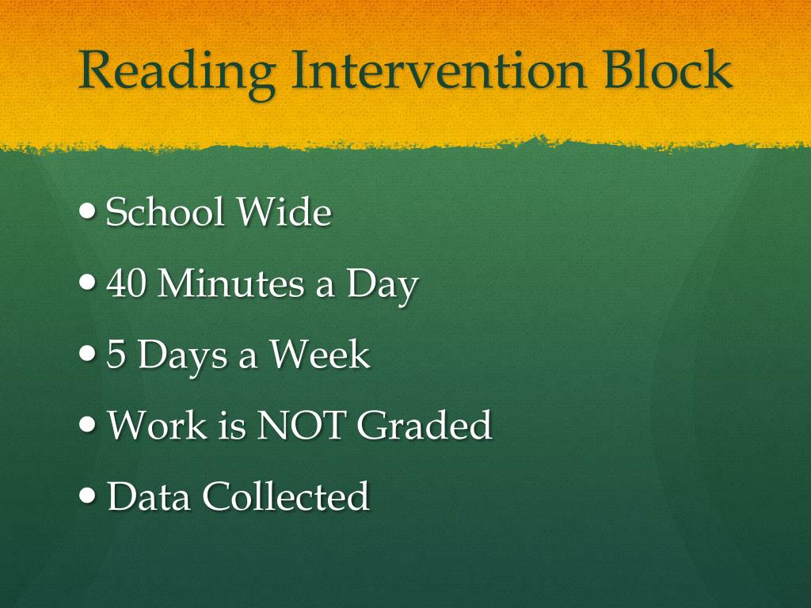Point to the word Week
[318, 355]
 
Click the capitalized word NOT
[301, 426]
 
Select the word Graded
[424, 426]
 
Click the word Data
[149, 496]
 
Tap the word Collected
[286, 496]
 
